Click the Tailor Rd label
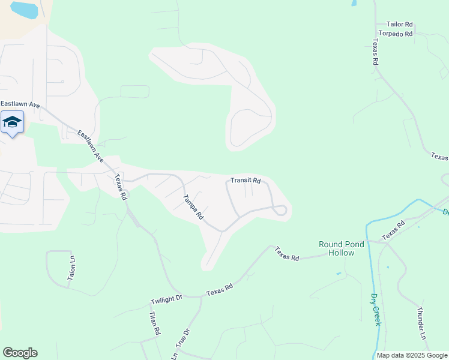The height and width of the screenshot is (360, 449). [400, 24]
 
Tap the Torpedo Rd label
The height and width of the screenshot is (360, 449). [396, 34]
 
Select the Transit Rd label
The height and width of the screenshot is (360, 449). [246, 181]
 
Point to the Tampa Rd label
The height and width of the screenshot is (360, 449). [193, 207]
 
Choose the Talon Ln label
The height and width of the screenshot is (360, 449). [72, 268]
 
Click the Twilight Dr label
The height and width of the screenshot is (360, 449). [166, 299]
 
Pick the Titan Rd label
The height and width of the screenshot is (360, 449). [154, 323]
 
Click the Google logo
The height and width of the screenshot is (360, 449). [20, 353]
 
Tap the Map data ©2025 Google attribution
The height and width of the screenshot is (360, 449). [412, 355]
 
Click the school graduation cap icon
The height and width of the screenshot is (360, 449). [12, 122]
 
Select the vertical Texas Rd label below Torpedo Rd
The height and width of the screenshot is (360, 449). [375, 52]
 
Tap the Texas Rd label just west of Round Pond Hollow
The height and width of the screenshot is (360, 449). [287, 254]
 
